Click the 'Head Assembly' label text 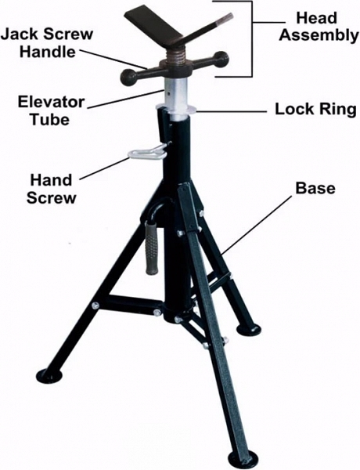click(319, 27)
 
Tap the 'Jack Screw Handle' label click(47, 43)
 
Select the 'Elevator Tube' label click(51, 110)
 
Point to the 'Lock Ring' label click(315, 109)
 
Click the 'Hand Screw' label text click(51, 189)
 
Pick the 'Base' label click(315, 188)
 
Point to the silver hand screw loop click(147, 153)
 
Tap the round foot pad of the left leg click(49, 376)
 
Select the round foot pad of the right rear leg click(249, 330)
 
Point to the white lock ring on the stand click(177, 109)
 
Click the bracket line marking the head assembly click(252, 38)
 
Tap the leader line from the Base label click(255, 226)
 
